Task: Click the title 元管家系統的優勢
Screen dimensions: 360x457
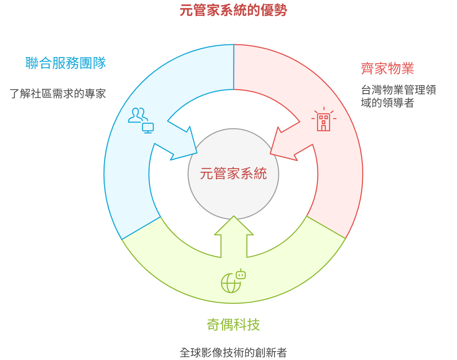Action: (x=233, y=10)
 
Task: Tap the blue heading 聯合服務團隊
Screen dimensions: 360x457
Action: (x=66, y=63)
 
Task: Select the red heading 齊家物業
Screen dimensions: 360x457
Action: (x=387, y=69)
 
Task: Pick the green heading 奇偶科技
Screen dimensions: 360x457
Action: (x=233, y=325)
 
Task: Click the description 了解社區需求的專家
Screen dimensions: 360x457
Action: (x=58, y=94)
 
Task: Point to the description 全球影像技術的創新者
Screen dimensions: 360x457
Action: (x=233, y=353)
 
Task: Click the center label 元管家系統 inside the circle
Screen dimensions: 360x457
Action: (x=233, y=174)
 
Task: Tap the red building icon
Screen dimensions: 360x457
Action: (x=324, y=120)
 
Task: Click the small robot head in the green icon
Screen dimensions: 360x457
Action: (x=241, y=275)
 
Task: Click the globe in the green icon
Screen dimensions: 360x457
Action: (x=231, y=284)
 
